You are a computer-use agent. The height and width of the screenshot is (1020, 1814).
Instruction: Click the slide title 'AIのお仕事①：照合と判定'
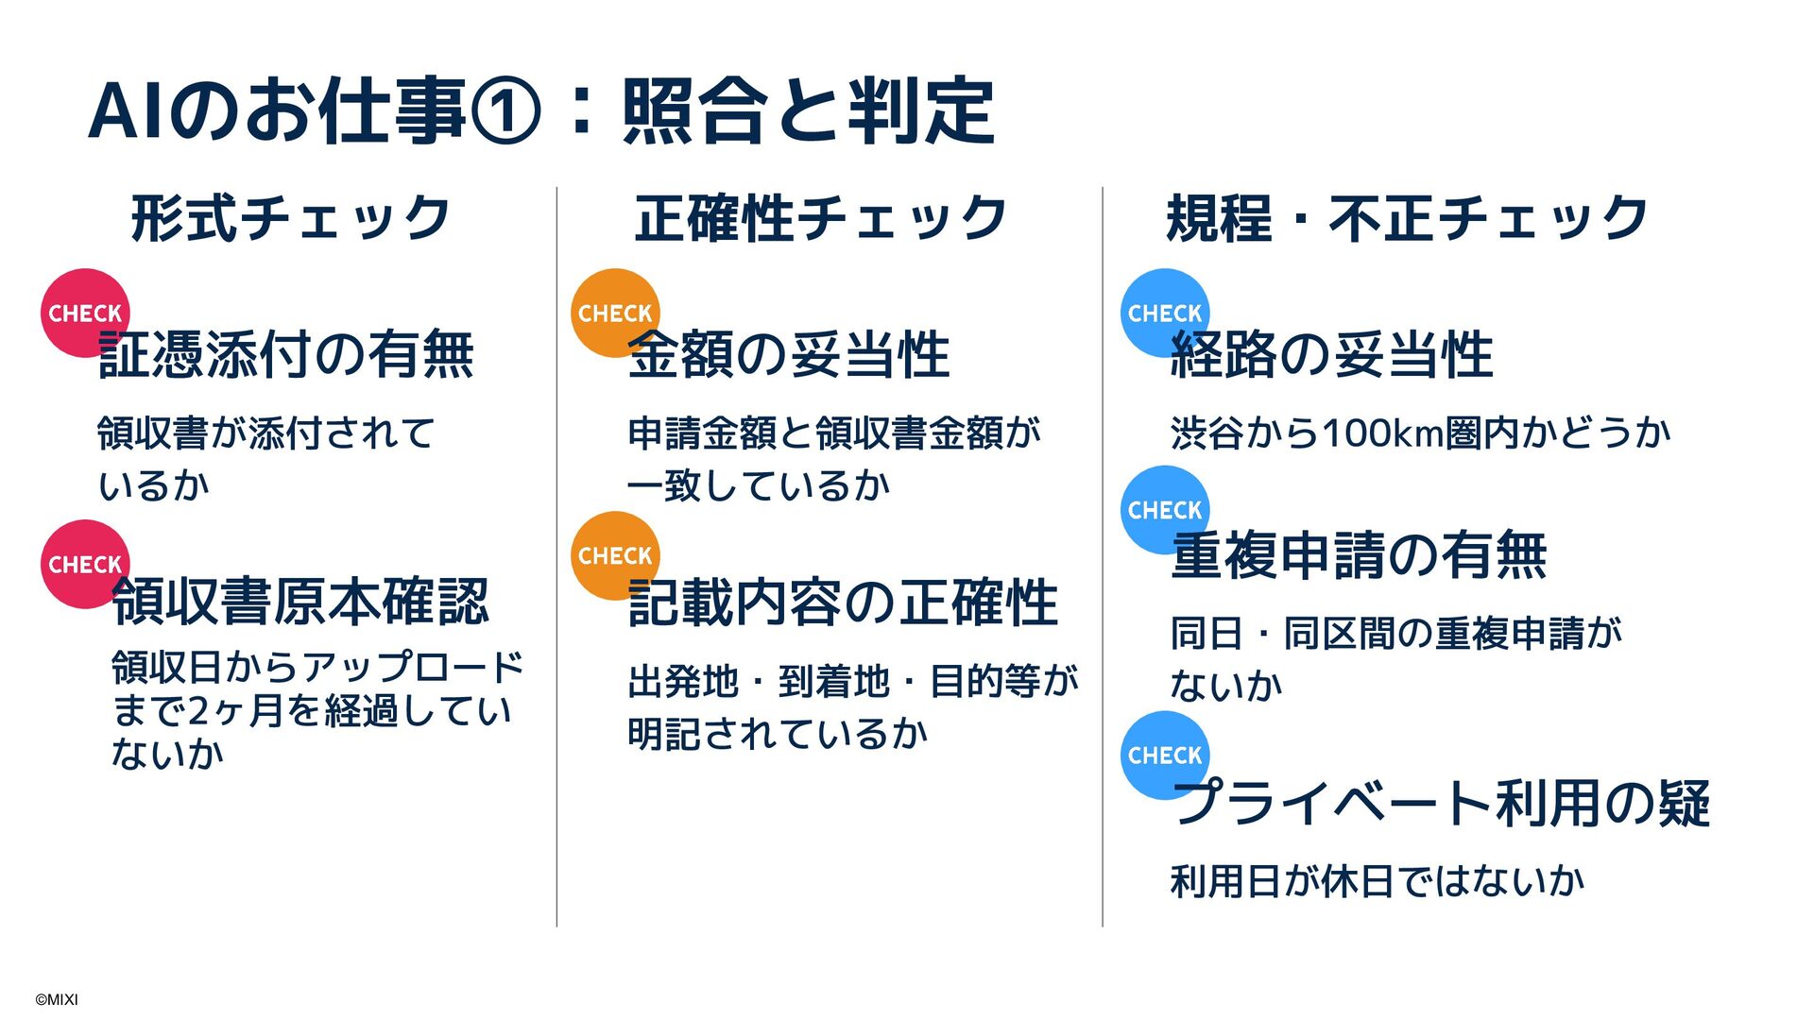click(540, 111)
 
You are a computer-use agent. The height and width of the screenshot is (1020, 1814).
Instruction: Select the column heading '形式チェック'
click(290, 218)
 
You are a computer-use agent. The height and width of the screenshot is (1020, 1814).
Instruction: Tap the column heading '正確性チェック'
click(820, 218)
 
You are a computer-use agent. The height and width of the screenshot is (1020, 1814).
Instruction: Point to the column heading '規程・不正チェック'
click(1407, 218)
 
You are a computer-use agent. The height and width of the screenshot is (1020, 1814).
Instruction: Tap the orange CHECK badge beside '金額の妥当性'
click(614, 312)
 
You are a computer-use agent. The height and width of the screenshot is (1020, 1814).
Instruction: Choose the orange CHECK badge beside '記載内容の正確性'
click(614, 554)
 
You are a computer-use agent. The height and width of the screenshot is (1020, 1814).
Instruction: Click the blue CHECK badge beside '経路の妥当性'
click(1164, 312)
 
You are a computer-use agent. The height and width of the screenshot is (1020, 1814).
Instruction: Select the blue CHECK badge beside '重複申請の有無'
click(1164, 509)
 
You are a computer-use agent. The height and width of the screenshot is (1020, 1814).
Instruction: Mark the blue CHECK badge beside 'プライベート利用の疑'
click(1164, 755)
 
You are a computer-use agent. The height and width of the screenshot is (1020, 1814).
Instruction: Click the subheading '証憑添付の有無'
click(286, 356)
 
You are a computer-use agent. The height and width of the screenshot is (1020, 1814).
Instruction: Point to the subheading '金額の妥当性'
click(789, 356)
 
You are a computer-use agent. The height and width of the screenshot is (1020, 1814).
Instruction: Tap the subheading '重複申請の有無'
click(1359, 555)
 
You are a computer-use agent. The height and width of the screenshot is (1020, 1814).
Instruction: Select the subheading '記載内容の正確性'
click(843, 603)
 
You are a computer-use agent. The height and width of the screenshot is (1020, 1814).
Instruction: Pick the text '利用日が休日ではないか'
click(1377, 881)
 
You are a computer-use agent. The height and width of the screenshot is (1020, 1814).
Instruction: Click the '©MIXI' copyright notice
click(57, 999)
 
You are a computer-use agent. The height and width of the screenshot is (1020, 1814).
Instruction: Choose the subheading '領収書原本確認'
click(300, 603)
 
